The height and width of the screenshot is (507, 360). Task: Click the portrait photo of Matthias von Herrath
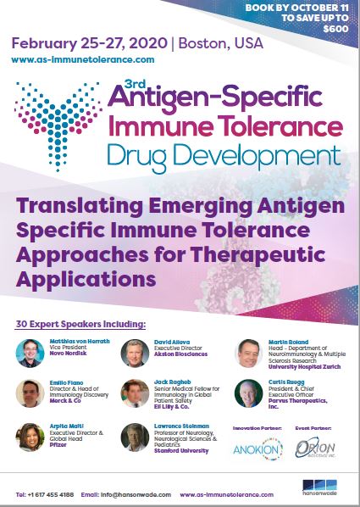coord(30,352)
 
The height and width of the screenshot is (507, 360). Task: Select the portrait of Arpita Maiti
coord(30,436)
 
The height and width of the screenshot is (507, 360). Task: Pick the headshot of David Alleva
coord(136,352)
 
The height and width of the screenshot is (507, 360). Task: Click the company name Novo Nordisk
coord(67,354)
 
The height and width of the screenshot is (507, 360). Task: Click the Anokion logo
coord(259,448)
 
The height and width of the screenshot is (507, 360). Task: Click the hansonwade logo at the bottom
coord(320,489)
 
